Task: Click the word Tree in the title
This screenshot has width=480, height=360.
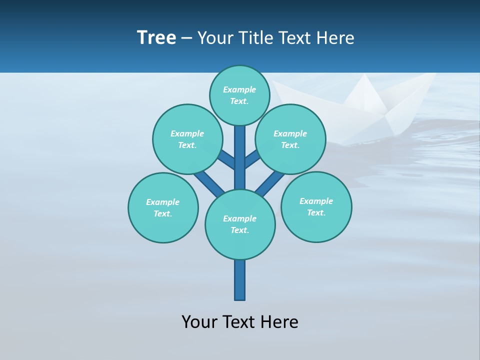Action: pos(156,38)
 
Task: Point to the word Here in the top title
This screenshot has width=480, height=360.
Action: pos(335,38)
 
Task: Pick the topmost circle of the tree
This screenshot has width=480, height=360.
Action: pos(239,95)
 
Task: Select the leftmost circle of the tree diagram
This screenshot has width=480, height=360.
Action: pos(163,207)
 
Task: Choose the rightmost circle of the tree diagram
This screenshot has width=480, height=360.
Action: pos(316,206)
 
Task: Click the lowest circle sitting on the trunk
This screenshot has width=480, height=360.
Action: pos(240,224)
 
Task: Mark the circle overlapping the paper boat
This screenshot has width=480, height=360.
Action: pos(290,139)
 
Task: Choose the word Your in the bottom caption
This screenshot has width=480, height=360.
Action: pos(199,321)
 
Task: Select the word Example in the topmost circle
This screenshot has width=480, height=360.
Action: pos(239,89)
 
